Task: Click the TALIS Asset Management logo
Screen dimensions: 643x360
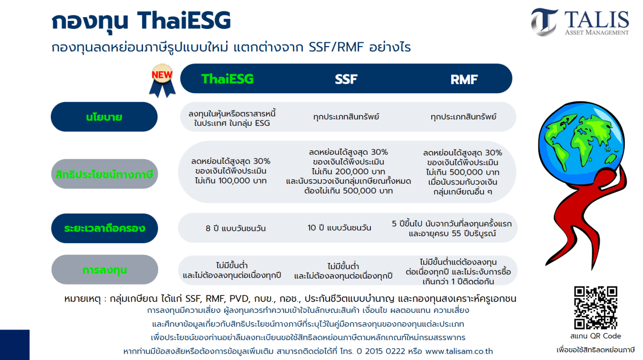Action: coord(580,22)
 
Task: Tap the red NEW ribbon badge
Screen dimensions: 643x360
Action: coord(162,80)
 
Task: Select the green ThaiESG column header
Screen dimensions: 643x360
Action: coord(227,79)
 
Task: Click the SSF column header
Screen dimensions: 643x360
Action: coord(346,79)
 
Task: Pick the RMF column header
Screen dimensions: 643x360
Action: coord(464,79)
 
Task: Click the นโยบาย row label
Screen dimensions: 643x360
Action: coord(104,117)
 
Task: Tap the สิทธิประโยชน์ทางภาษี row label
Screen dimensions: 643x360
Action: coord(104,174)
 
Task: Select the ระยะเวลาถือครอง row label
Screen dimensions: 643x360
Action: coord(104,228)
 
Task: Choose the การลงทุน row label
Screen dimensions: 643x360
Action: coord(105,269)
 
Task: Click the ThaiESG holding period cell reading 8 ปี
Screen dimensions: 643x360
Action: coord(236,228)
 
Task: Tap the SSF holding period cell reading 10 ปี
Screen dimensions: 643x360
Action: coord(339,228)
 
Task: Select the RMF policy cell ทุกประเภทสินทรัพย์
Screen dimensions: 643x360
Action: coord(463,117)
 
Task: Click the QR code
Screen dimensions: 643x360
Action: coord(596,307)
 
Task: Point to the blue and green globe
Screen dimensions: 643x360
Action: coord(581,143)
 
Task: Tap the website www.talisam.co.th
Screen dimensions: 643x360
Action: coord(459,351)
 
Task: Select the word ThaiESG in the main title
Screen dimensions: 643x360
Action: coord(184,20)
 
